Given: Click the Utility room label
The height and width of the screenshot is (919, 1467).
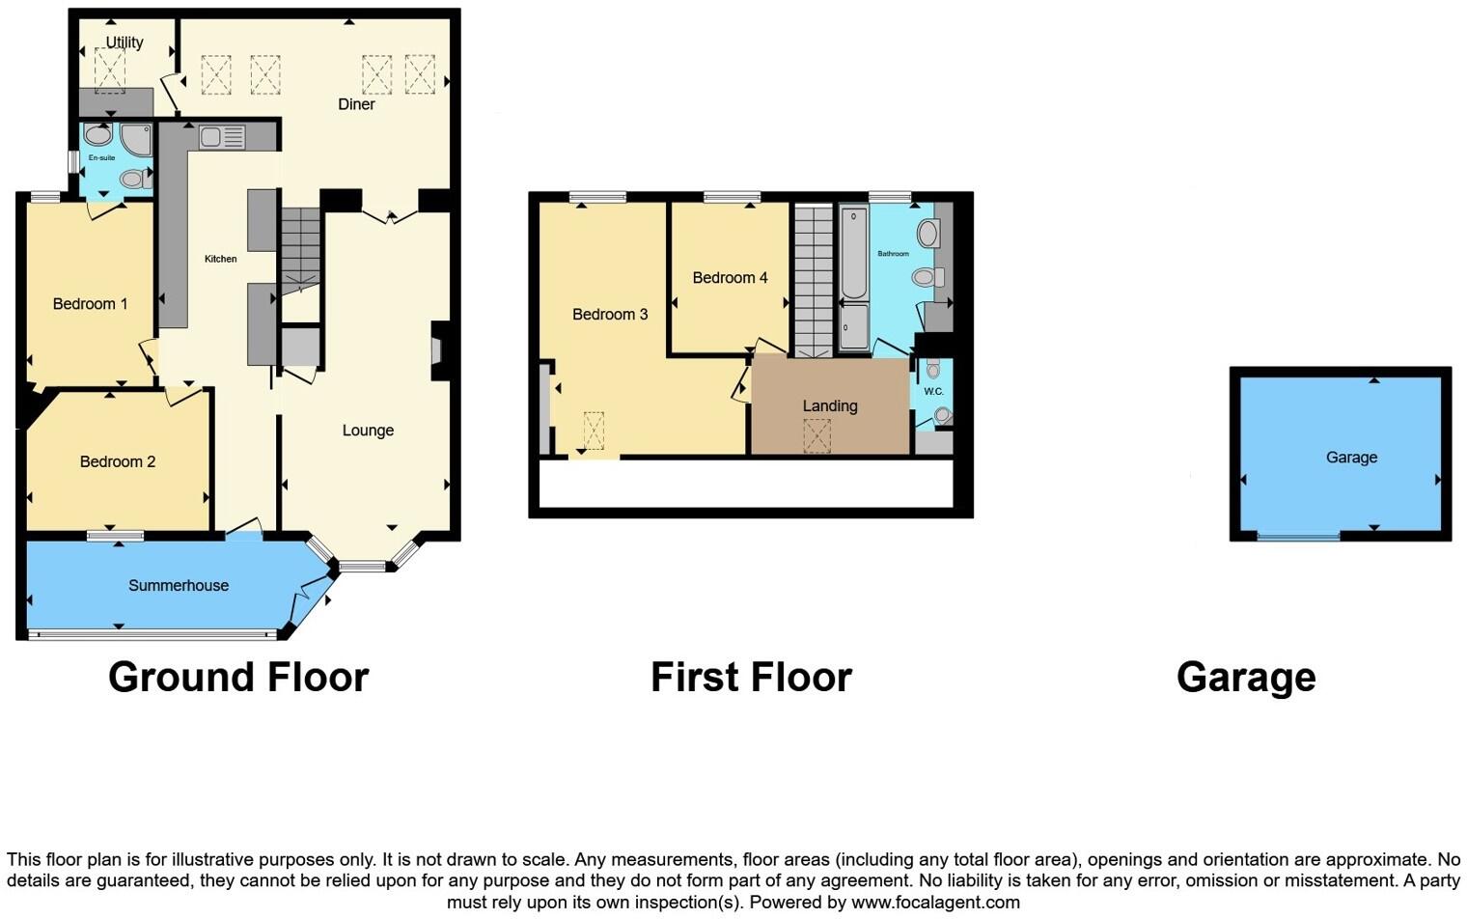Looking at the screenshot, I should [x=125, y=42].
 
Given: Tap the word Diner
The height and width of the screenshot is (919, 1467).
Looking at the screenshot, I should [x=356, y=104].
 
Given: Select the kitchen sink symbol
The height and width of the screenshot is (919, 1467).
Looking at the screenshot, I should [x=222, y=138].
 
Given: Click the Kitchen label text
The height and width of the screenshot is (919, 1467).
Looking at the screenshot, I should [x=220, y=259].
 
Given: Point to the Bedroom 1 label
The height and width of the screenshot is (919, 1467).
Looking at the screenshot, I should [x=90, y=304].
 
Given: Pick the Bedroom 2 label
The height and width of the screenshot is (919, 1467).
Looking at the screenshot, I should [x=117, y=461].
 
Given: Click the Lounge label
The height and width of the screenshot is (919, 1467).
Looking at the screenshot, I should [x=368, y=431].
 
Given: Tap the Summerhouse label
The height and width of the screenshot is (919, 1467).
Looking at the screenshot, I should [x=179, y=585].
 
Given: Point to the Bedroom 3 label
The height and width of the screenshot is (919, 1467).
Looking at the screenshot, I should [x=610, y=314].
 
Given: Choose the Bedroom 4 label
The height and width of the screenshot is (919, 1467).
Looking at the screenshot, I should [x=730, y=278].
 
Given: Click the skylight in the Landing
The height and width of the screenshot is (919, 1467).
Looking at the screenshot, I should [x=817, y=435].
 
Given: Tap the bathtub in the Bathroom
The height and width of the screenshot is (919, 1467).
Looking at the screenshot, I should [x=853, y=253].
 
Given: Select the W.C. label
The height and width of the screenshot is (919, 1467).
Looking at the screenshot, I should [x=933, y=391].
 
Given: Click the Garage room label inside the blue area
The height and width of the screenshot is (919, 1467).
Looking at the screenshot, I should [x=1351, y=458].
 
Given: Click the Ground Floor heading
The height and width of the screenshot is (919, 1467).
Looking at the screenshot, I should [x=238, y=678].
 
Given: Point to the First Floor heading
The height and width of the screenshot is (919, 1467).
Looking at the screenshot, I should [x=751, y=678].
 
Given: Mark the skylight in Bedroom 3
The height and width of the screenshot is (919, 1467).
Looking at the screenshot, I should [x=593, y=430].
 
